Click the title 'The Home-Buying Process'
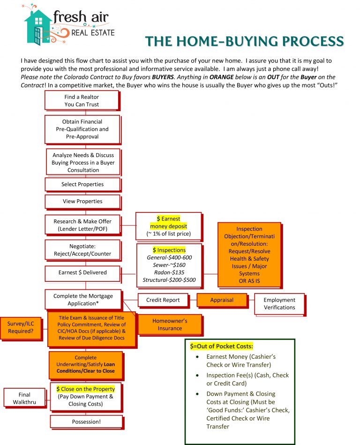pyautogui.click(x=244, y=41)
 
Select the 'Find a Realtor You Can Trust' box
pyautogui.click(x=82, y=101)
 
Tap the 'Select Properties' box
pyautogui.click(x=82, y=184)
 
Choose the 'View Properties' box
pyautogui.click(x=82, y=201)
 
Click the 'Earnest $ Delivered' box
pyautogui.click(x=82, y=272)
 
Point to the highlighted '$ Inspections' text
pyautogui.click(x=169, y=250)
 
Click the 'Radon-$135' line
pyautogui.click(x=169, y=272)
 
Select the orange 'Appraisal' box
pyautogui.click(x=222, y=300)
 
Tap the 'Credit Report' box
pyautogui.click(x=162, y=300)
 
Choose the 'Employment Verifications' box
pyautogui.click(x=279, y=304)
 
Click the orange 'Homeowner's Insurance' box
pyautogui.click(x=169, y=324)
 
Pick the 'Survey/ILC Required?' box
pyautogui.click(x=20, y=327)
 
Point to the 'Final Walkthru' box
pyautogui.click(x=24, y=399)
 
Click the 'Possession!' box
pyautogui.click(x=86, y=422)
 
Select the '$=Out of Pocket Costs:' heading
pyautogui.click(x=221, y=346)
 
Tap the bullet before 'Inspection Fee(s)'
pyautogui.click(x=198, y=375)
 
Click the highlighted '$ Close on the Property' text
pyautogui.click(x=85, y=389)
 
